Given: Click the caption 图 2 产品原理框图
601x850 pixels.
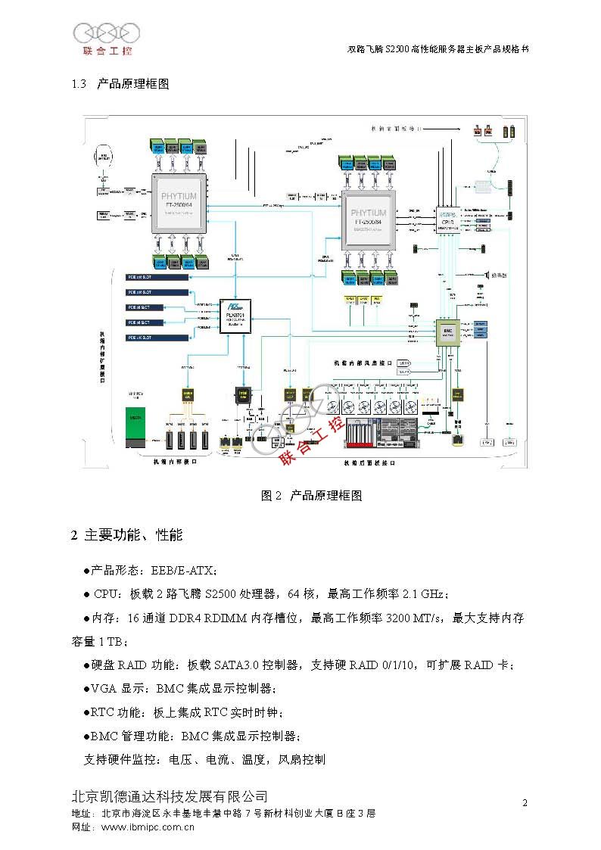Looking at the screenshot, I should click(311, 496).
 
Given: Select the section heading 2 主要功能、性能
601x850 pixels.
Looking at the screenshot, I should click(126, 535).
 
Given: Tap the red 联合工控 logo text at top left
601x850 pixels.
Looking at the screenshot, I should click(107, 51).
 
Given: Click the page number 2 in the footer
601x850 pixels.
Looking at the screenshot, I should click(525, 802).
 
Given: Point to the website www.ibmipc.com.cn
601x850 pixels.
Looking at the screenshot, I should click(148, 827).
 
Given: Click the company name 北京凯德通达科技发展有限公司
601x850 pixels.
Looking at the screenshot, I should click(169, 796).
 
